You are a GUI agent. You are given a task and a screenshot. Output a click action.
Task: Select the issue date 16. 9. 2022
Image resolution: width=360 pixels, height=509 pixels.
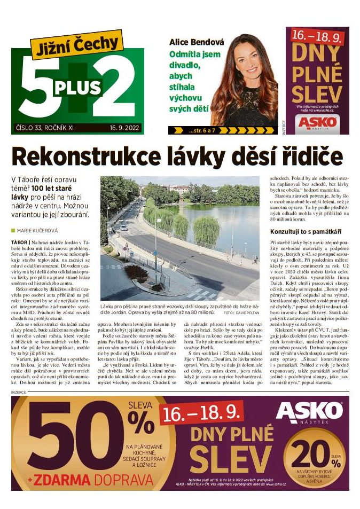click(x=124, y=128)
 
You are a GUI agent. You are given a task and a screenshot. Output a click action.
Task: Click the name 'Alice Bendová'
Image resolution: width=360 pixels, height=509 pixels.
click(x=197, y=42)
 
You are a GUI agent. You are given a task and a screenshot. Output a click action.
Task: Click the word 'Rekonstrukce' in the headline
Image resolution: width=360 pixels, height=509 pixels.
click(x=89, y=156)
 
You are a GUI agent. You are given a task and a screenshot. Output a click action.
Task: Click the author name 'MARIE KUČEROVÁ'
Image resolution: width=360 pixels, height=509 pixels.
click(x=38, y=230)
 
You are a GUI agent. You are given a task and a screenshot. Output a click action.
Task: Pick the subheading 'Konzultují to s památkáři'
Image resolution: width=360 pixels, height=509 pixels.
click(x=303, y=231)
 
